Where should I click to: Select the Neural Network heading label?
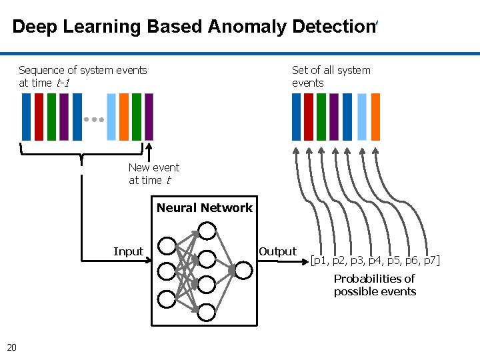[205, 208]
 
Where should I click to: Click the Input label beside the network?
[128, 251]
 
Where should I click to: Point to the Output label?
[277, 251]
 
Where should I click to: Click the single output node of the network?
[243, 270]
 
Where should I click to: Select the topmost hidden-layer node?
[207, 231]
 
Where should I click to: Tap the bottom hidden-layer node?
[207, 311]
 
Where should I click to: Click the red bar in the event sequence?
[39, 117]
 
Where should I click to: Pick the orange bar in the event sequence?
[124, 117]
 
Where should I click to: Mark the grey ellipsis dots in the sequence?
[94, 119]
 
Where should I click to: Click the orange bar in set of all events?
[375, 117]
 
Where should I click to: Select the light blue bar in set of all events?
[362, 117]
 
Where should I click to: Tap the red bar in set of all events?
[309, 117]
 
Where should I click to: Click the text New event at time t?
[153, 174]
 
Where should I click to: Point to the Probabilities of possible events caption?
[375, 285]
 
